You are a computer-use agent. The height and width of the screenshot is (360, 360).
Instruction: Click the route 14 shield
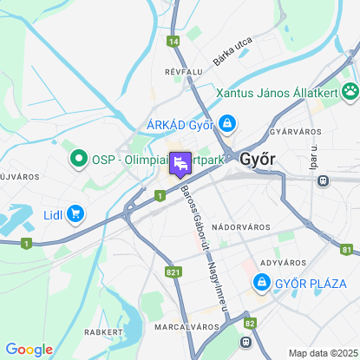point(174,41)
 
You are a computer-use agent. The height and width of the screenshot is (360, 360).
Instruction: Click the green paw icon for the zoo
point(350,90)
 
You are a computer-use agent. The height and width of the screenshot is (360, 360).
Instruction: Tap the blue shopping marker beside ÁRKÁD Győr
point(226,123)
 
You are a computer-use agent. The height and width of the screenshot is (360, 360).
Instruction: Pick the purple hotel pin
point(180,163)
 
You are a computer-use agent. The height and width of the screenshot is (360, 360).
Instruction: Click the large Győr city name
point(258,160)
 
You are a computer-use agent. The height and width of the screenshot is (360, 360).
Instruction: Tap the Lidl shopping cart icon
point(76,213)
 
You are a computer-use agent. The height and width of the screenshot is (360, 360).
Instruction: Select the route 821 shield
point(173,272)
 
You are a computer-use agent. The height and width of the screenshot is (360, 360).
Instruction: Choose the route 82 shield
point(250,323)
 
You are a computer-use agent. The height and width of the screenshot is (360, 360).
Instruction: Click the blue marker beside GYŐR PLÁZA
point(261,282)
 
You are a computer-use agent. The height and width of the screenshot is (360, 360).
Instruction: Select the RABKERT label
point(101,331)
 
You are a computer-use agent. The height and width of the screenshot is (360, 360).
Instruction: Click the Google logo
point(29,349)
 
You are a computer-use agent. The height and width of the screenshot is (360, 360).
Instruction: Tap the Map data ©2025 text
point(322,353)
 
